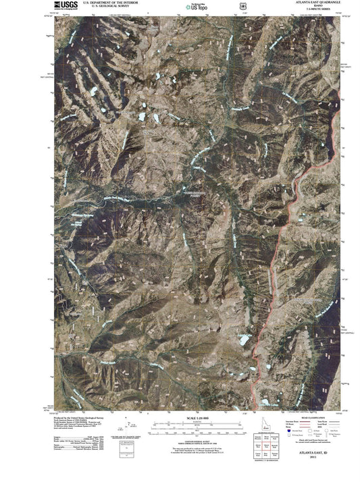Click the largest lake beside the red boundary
[244, 340]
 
